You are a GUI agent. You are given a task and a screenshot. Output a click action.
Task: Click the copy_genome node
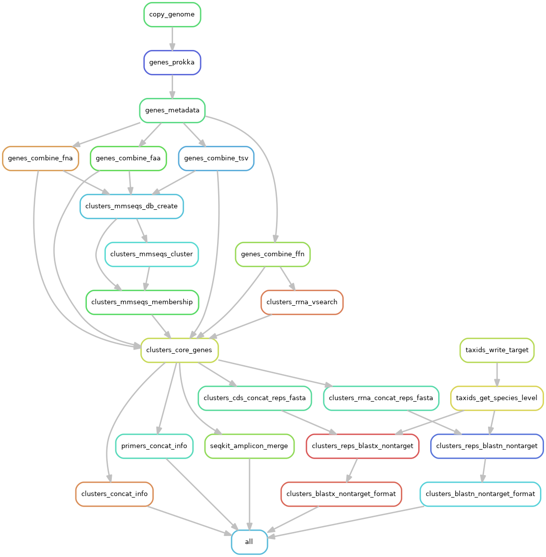coord(172,14)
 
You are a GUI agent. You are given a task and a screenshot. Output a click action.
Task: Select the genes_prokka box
coord(172,62)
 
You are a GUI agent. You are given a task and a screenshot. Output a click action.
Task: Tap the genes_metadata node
coord(172,110)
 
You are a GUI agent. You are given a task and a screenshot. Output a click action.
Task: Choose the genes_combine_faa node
coord(128,158)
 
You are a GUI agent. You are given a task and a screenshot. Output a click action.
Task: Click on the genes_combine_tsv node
coord(216,158)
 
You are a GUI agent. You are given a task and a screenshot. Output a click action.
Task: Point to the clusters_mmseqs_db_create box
coord(132,206)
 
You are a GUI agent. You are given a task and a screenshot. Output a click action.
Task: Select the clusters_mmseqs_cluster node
coord(151,254)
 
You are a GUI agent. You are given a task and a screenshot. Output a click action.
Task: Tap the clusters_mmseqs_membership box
coord(142,302)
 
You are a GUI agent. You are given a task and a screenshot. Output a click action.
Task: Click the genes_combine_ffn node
coord(273,254)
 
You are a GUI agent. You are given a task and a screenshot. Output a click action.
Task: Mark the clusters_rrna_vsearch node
coord(302,302)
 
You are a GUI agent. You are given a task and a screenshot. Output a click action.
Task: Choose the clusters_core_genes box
coord(180,350)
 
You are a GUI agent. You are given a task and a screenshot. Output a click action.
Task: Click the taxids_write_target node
coord(497,350)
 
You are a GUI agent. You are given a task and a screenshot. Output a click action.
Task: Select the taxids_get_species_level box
coord(497,398)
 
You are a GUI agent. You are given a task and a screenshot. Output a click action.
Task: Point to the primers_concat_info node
coord(154,446)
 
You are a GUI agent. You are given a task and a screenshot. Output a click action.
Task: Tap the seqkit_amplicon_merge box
coord(250,446)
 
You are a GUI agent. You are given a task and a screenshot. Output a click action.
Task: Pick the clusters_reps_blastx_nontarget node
coord(362,446)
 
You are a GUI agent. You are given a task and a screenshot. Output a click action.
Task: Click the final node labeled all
coord(250,542)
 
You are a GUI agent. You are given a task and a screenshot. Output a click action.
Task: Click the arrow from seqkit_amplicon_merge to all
coord(250,494)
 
